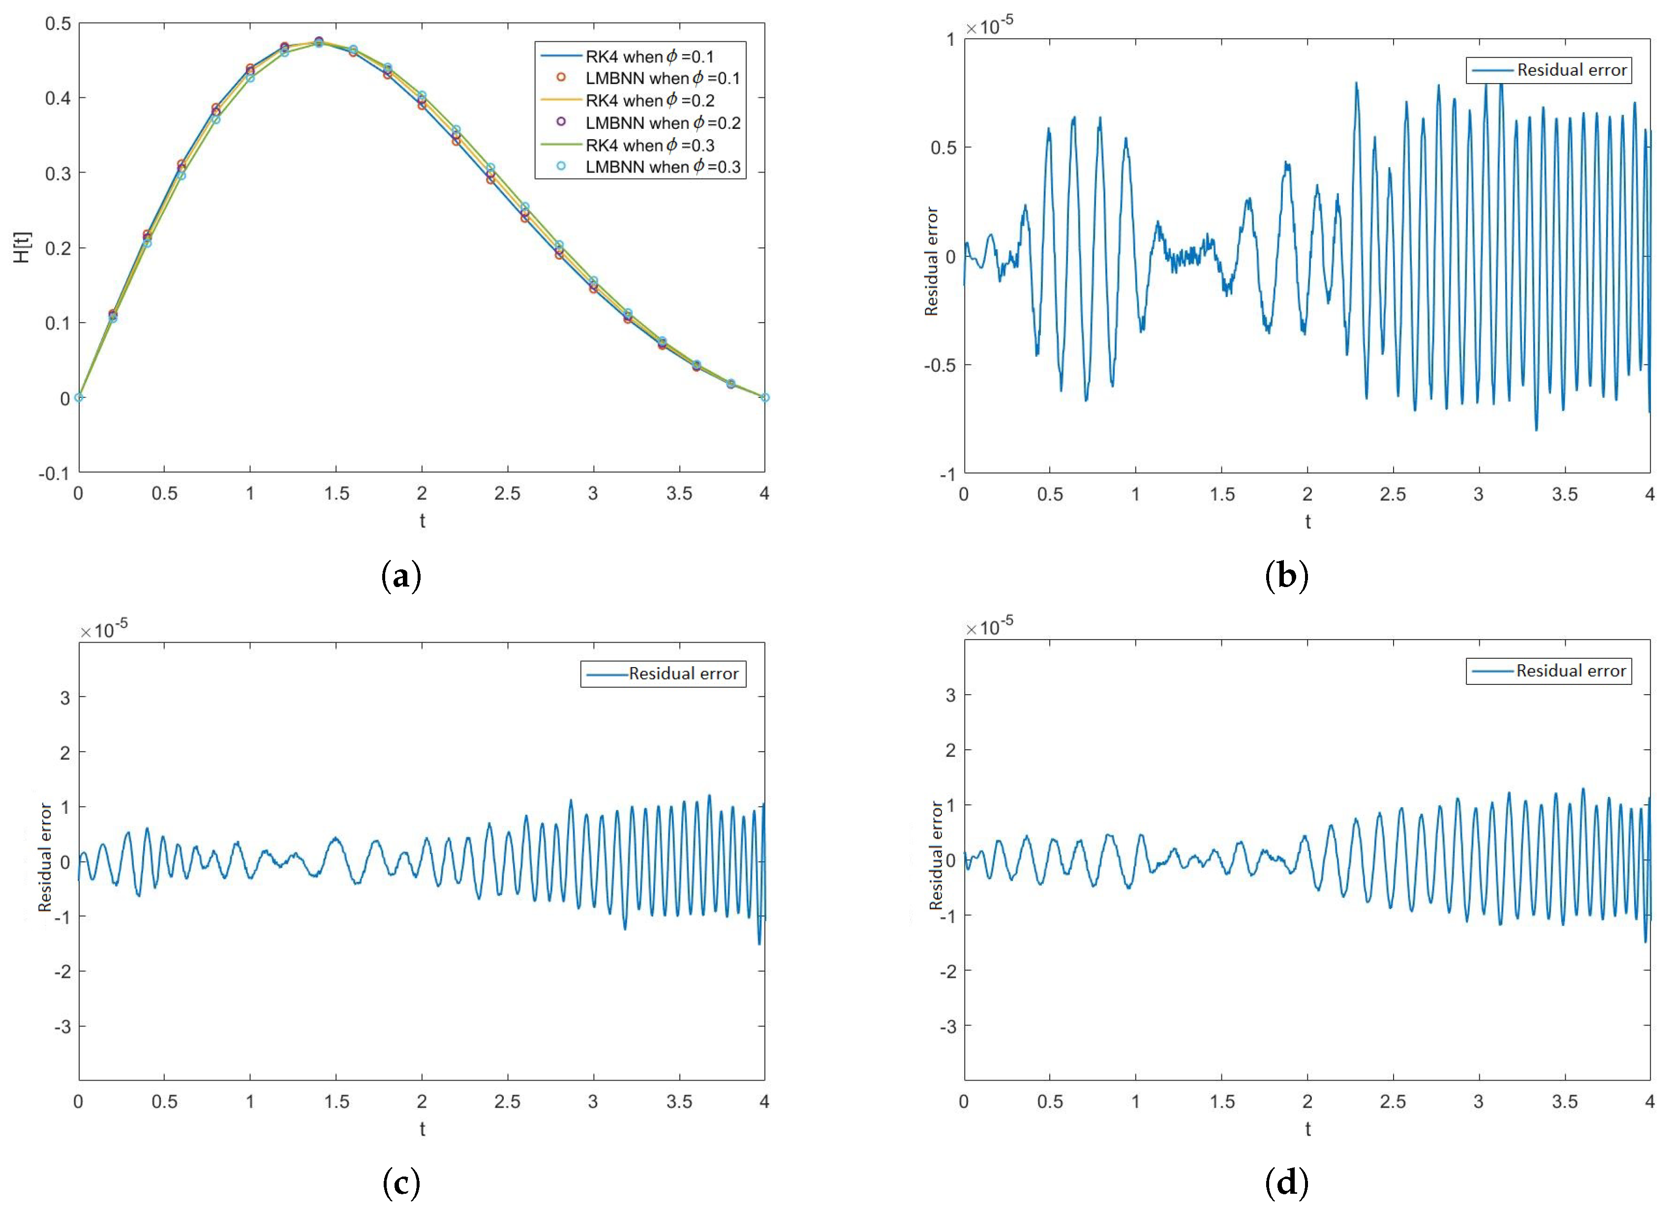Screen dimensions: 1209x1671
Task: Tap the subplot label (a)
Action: [401, 576]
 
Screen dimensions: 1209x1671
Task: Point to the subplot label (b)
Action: [1286, 576]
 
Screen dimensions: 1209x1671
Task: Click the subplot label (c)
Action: [401, 1184]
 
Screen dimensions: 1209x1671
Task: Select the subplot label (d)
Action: [1286, 1184]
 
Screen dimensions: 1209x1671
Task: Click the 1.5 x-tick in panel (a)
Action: [336, 493]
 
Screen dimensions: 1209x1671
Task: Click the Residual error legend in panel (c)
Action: [663, 674]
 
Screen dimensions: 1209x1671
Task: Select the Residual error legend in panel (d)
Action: [1549, 671]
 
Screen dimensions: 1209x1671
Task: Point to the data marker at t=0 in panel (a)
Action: [79, 398]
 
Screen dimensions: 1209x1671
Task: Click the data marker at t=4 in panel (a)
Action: [765, 398]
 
